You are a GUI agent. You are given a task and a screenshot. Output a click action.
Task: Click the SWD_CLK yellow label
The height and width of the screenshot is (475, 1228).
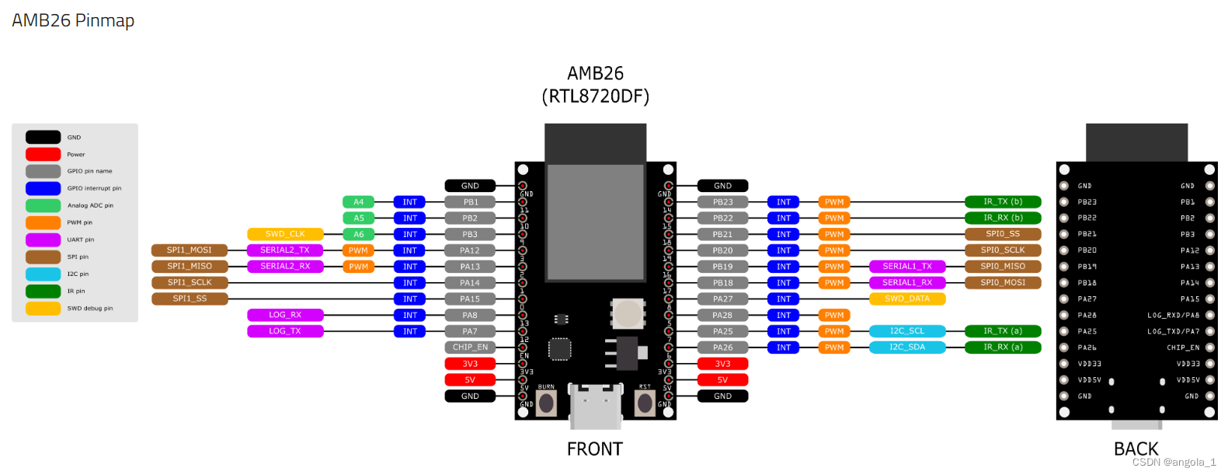tap(285, 234)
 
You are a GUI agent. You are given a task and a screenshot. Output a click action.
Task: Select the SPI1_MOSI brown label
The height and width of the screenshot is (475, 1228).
tap(190, 250)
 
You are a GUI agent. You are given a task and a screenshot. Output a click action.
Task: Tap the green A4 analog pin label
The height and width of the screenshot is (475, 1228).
tap(358, 202)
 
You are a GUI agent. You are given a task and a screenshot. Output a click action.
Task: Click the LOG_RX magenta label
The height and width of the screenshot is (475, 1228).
tap(285, 315)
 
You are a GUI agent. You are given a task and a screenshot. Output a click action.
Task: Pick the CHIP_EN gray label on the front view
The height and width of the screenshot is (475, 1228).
tap(470, 348)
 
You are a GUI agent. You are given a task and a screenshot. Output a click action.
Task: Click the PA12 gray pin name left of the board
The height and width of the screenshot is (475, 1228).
tap(470, 250)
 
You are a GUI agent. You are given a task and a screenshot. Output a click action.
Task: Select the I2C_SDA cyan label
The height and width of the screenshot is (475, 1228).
tap(906, 348)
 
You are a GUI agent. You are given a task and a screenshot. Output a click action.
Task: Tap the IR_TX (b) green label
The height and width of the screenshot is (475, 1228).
tap(1002, 202)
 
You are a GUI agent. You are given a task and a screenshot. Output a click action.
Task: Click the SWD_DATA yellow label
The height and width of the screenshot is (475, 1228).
tap(906, 299)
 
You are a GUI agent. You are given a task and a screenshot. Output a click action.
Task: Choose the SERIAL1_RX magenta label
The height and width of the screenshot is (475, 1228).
tap(906, 283)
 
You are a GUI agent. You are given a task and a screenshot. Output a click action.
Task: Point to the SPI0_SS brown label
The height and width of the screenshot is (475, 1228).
tap(1002, 234)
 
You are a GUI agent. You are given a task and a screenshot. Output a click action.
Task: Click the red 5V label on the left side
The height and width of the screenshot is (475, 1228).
tap(470, 380)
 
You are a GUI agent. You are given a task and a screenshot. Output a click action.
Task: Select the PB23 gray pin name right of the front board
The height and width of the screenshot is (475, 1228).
tap(722, 202)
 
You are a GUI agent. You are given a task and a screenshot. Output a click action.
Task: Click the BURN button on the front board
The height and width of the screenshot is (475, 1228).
tap(547, 403)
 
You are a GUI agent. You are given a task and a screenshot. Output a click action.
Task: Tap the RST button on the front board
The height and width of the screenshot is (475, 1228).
tap(645, 403)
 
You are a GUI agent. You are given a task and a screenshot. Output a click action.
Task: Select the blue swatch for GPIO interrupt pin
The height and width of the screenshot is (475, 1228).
tap(43, 188)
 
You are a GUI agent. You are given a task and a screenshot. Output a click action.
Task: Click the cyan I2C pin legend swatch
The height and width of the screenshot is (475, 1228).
tap(43, 274)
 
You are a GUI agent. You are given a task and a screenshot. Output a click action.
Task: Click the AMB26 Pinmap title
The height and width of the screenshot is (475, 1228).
tap(73, 21)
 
